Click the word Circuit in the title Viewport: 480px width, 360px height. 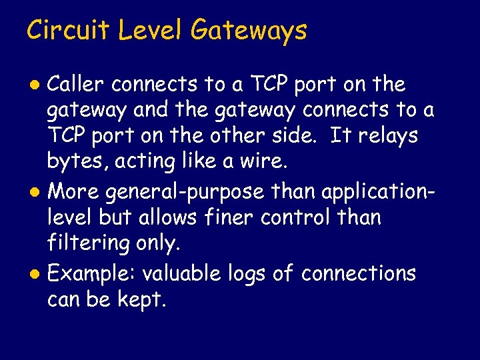click(x=65, y=31)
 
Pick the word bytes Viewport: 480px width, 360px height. click(x=71, y=162)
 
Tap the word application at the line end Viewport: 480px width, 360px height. click(x=377, y=193)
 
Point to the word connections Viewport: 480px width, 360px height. click(x=359, y=273)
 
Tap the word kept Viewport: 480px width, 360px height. click(x=141, y=300)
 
